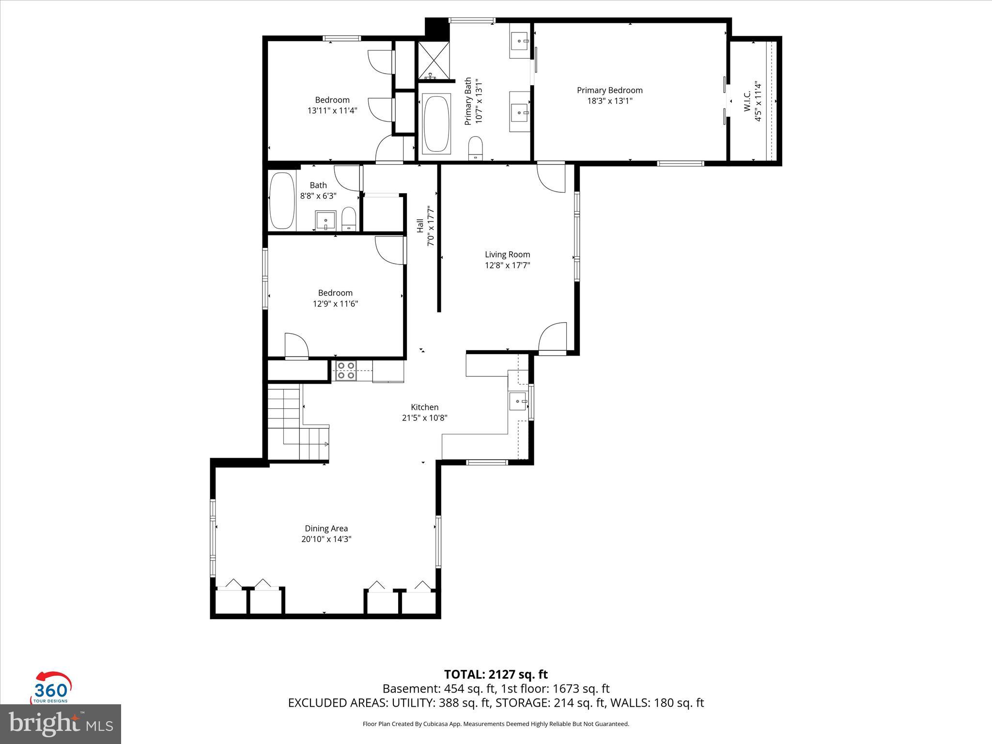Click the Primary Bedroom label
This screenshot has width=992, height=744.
pos(609,90)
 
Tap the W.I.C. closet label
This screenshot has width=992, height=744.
pos(747,101)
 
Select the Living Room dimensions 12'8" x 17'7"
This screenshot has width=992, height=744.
pos(507,265)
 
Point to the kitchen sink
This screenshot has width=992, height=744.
pos(518,402)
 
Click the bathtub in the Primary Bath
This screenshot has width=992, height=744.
pos(436,124)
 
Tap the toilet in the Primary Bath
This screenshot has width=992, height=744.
pos(476,147)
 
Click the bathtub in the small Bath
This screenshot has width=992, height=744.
pos(281,201)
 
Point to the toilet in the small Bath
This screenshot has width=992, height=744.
pos(349,219)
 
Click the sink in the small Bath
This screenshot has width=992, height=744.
pos(325,220)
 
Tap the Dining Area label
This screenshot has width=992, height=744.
pos(326,528)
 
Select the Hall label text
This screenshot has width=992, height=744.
pos(420,226)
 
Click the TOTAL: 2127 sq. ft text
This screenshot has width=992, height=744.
pos(496,674)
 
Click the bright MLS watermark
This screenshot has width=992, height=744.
pos(60,724)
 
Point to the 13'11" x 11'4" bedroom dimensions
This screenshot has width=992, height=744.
pos(332,110)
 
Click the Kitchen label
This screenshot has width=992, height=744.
pos(424,407)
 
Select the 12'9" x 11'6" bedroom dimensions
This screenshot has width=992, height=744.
pos(335,304)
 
